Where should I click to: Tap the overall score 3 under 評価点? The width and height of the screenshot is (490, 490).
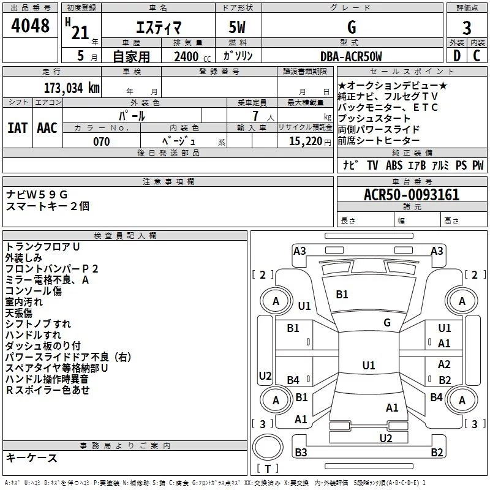[x=467, y=28]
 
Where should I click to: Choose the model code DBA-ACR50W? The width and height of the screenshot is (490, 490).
[x=350, y=56]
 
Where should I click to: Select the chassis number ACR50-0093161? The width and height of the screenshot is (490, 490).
[x=412, y=195]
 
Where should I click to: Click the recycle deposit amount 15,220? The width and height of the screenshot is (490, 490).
[x=306, y=141]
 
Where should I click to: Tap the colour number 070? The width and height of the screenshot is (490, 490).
[x=101, y=141]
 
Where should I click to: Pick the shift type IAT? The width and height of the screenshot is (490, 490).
[x=17, y=127]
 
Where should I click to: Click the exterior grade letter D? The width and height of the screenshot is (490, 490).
[x=456, y=56]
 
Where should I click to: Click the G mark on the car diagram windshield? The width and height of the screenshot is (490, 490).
[x=387, y=323]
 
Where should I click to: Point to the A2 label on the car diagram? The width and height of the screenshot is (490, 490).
[x=445, y=364]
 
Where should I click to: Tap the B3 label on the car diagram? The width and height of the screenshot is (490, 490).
[x=301, y=453]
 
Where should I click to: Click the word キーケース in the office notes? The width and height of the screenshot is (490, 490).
[x=31, y=458]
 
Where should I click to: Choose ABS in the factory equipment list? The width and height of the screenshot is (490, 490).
[x=394, y=165]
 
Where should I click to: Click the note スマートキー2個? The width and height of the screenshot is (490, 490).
[x=48, y=206]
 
